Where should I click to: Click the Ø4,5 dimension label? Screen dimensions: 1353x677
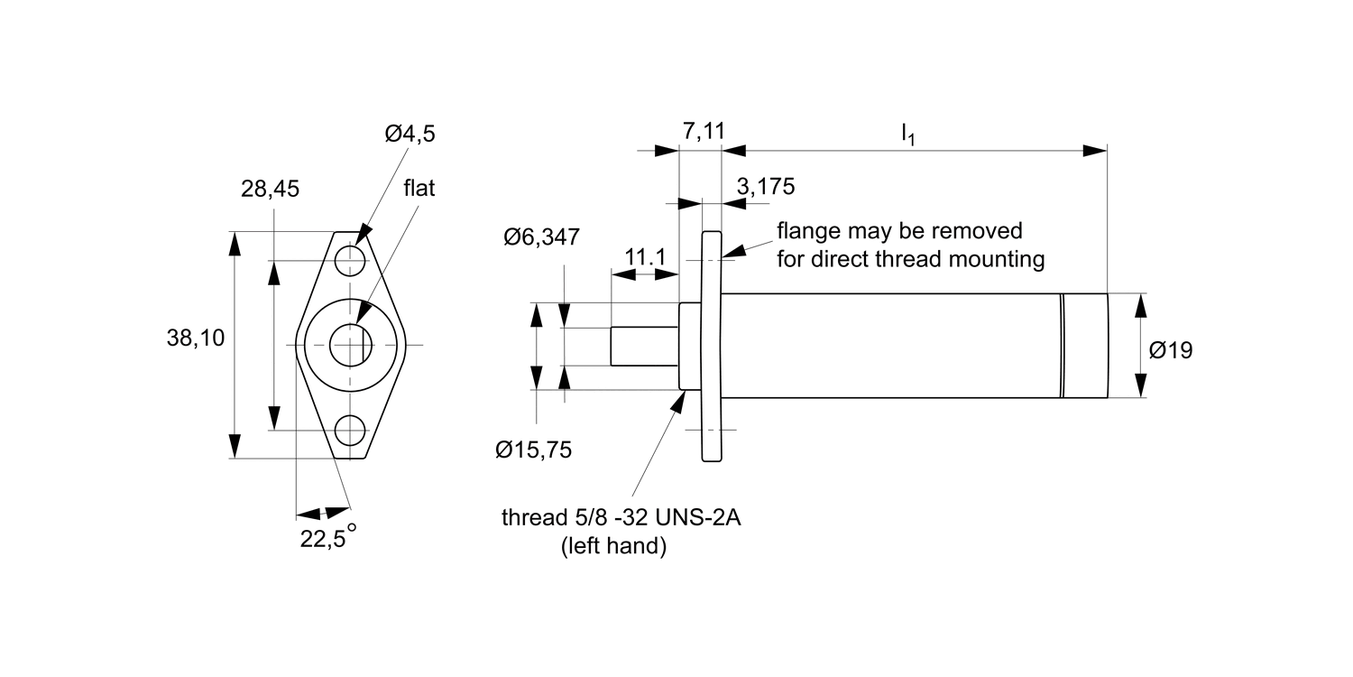(x=410, y=133)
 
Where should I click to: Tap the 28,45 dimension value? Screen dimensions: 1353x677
(x=270, y=190)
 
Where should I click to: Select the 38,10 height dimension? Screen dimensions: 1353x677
(x=196, y=338)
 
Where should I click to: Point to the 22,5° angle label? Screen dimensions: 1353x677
(x=328, y=536)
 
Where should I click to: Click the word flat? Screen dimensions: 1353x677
(x=419, y=188)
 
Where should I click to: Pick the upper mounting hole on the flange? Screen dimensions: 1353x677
(x=350, y=261)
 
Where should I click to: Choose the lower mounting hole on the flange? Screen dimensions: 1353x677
(x=350, y=431)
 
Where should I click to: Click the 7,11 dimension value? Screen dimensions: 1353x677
(x=703, y=131)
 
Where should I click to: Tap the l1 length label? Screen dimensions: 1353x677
(x=907, y=134)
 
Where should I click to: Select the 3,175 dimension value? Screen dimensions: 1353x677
(x=765, y=187)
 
